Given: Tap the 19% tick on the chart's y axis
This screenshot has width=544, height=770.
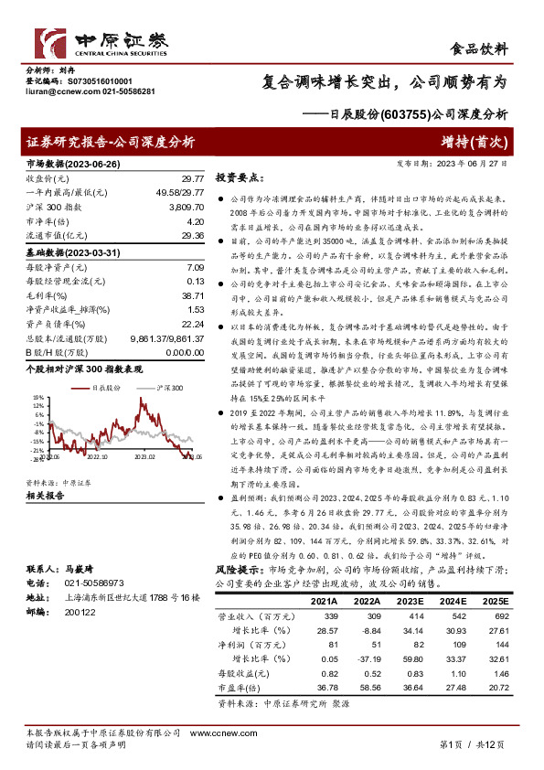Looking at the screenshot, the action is tap(39, 399).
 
